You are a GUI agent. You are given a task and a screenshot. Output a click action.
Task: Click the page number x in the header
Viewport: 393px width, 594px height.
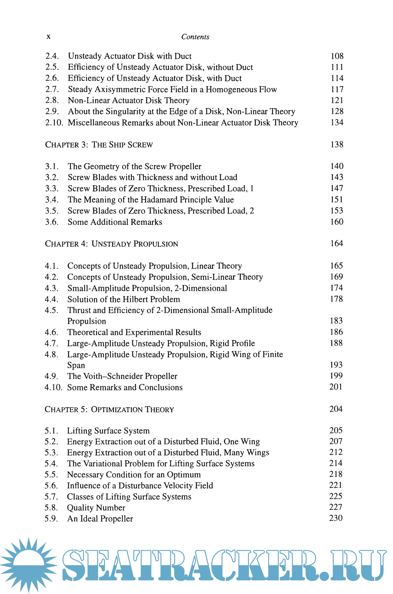pyautogui.click(x=48, y=37)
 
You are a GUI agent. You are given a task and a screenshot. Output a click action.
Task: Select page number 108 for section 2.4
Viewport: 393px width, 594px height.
pyautogui.click(x=337, y=56)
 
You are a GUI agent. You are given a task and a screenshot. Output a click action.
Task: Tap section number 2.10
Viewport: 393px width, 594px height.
pyautogui.click(x=54, y=123)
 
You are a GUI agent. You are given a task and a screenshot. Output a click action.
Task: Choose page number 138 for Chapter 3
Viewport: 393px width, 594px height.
pyautogui.click(x=337, y=144)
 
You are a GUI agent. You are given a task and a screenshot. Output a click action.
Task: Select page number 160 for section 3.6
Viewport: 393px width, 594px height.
pyautogui.click(x=337, y=222)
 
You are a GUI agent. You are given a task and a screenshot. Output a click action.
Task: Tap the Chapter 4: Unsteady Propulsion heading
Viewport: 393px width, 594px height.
pyautogui.click(x=111, y=244)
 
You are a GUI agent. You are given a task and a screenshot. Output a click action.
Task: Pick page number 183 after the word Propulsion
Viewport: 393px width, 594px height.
pyautogui.click(x=336, y=321)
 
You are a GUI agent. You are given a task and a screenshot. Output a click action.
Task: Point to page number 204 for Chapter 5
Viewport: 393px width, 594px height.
pyautogui.click(x=336, y=409)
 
